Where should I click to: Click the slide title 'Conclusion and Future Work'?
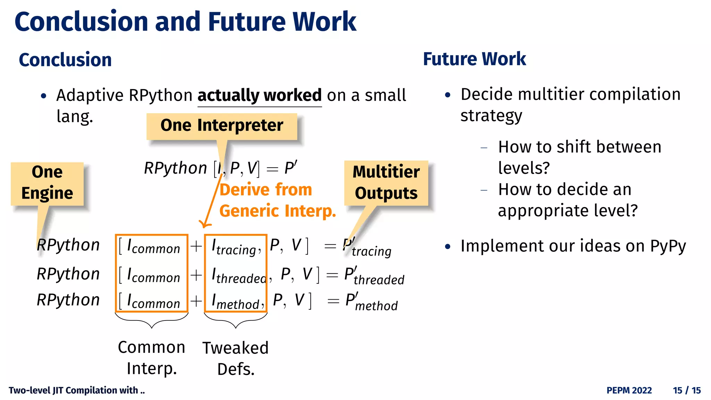185,22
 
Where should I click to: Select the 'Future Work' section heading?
474,59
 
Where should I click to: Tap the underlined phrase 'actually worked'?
259,95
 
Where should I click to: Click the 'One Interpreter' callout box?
221,125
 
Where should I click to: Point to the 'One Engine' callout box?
47,183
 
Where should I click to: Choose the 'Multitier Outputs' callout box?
386,183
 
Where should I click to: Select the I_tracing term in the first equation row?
235,247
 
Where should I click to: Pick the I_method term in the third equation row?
236,302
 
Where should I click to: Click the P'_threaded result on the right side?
374,276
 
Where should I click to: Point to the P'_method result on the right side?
371,302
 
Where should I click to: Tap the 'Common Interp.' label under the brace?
152,358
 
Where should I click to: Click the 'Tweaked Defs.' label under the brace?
236,358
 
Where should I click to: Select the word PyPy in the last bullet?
668,246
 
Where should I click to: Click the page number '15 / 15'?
686,390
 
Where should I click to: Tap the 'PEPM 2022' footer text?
629,390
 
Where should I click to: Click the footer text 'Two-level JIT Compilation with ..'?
77,390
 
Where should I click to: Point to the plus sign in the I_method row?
196,301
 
